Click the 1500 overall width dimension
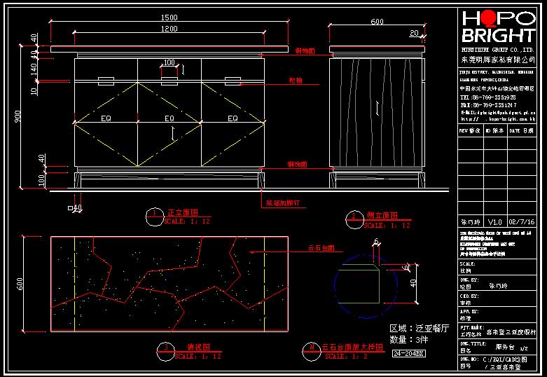point(169,18)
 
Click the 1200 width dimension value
point(169,30)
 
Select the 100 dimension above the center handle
point(169,63)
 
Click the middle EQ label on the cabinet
point(169,118)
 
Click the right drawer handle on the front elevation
point(233,78)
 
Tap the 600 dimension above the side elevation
point(377,22)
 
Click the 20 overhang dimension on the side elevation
point(413,33)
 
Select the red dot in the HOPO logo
point(489,19)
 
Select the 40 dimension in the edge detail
point(414,283)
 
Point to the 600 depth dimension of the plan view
point(20,283)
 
